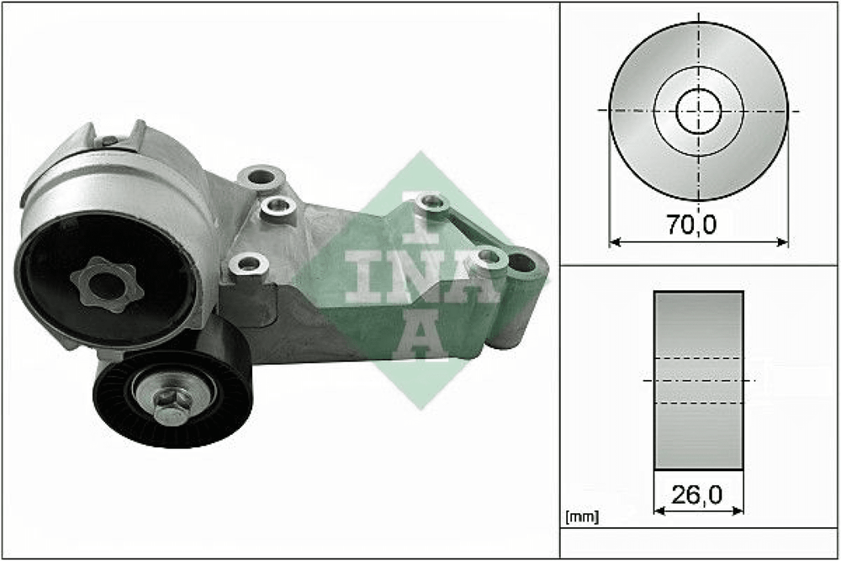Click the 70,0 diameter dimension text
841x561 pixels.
pos(691,225)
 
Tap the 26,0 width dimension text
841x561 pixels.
pos(696,495)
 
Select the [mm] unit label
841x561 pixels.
pos(582,517)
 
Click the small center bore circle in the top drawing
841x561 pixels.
pos(698,112)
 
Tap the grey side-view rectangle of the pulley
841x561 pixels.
pos(698,381)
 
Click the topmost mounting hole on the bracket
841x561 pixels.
pos(261,176)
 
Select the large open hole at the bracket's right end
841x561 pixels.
pos(521,262)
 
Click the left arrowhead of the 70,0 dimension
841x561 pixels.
pos(616,242)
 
